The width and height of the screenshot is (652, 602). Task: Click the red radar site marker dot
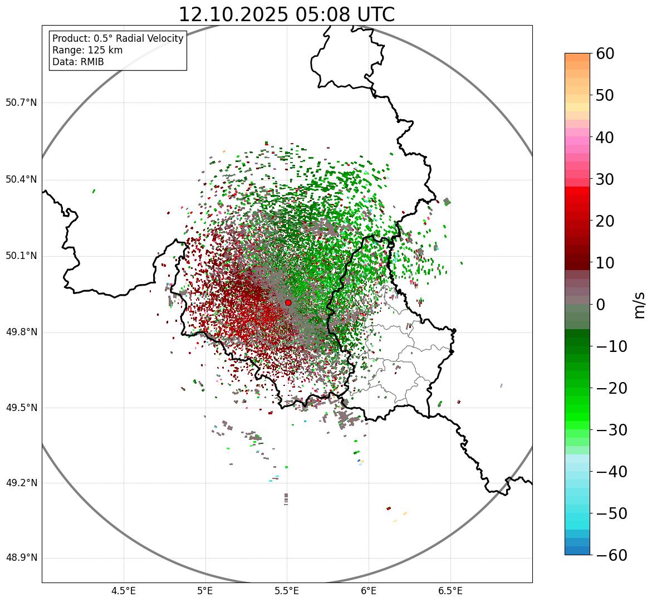click(x=288, y=302)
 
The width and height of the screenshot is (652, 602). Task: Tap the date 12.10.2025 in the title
click(x=233, y=14)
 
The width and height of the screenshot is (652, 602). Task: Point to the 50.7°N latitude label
click(x=21, y=103)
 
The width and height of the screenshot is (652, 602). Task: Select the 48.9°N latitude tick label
click(x=21, y=558)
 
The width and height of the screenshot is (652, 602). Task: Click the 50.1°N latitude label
click(x=21, y=256)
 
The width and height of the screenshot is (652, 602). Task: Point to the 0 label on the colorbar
click(x=601, y=305)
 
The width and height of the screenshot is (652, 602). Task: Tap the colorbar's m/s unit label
click(x=640, y=305)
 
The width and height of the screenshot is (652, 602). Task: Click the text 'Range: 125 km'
click(x=87, y=50)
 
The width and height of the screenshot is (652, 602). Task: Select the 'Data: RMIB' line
click(x=78, y=62)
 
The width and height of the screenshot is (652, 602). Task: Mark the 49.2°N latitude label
click(x=21, y=483)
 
